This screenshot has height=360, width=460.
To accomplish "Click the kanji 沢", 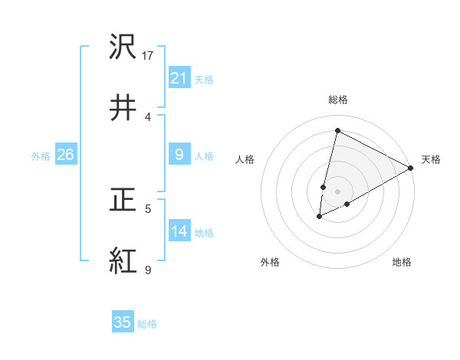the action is pos(123,47).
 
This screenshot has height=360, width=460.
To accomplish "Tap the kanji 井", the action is pos(123,107).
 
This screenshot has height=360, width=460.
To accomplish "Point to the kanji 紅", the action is pos(123,260).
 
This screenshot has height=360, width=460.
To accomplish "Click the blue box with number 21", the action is pos(179,77).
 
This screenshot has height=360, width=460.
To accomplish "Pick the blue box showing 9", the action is pos(179,155).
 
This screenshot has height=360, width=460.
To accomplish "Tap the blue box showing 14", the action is pos(179,231).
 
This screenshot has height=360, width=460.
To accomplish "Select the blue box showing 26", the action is pos(65,155).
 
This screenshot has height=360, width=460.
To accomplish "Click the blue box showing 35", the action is pos(123,322).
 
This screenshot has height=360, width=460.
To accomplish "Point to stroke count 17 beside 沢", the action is pos(149,55).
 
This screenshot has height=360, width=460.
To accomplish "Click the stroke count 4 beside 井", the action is pos(148,116).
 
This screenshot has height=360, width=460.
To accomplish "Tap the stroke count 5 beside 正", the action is pos(148,208).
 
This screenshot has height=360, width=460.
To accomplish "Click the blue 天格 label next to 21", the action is pos(204,79).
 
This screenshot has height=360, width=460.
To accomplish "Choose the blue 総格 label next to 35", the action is pos(147,324).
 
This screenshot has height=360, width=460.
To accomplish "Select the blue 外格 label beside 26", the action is pos(41,156).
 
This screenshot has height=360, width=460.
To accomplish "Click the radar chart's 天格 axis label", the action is pos(431,159).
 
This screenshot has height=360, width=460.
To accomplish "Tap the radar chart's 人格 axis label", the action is pos(245,159).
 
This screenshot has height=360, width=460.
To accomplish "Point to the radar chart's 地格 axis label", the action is pos(402,262).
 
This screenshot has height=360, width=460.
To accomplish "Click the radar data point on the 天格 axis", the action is pos(411,168).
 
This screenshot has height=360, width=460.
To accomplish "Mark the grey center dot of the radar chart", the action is pos(338,191).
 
